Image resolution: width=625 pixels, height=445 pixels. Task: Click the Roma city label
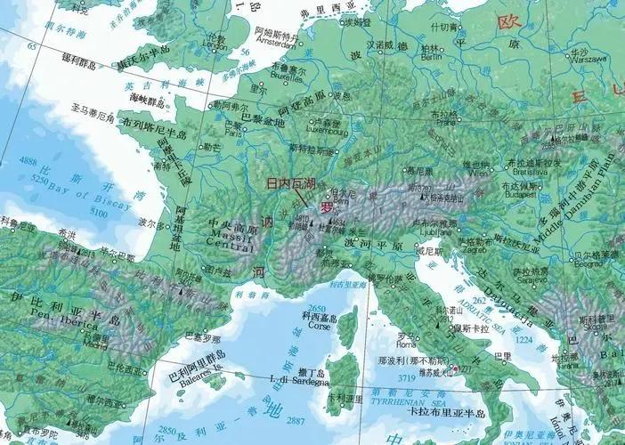pos(406,344)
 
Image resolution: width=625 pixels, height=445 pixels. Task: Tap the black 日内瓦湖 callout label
pos(292,184)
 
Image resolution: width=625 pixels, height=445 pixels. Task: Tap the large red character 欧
pos(507,20)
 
